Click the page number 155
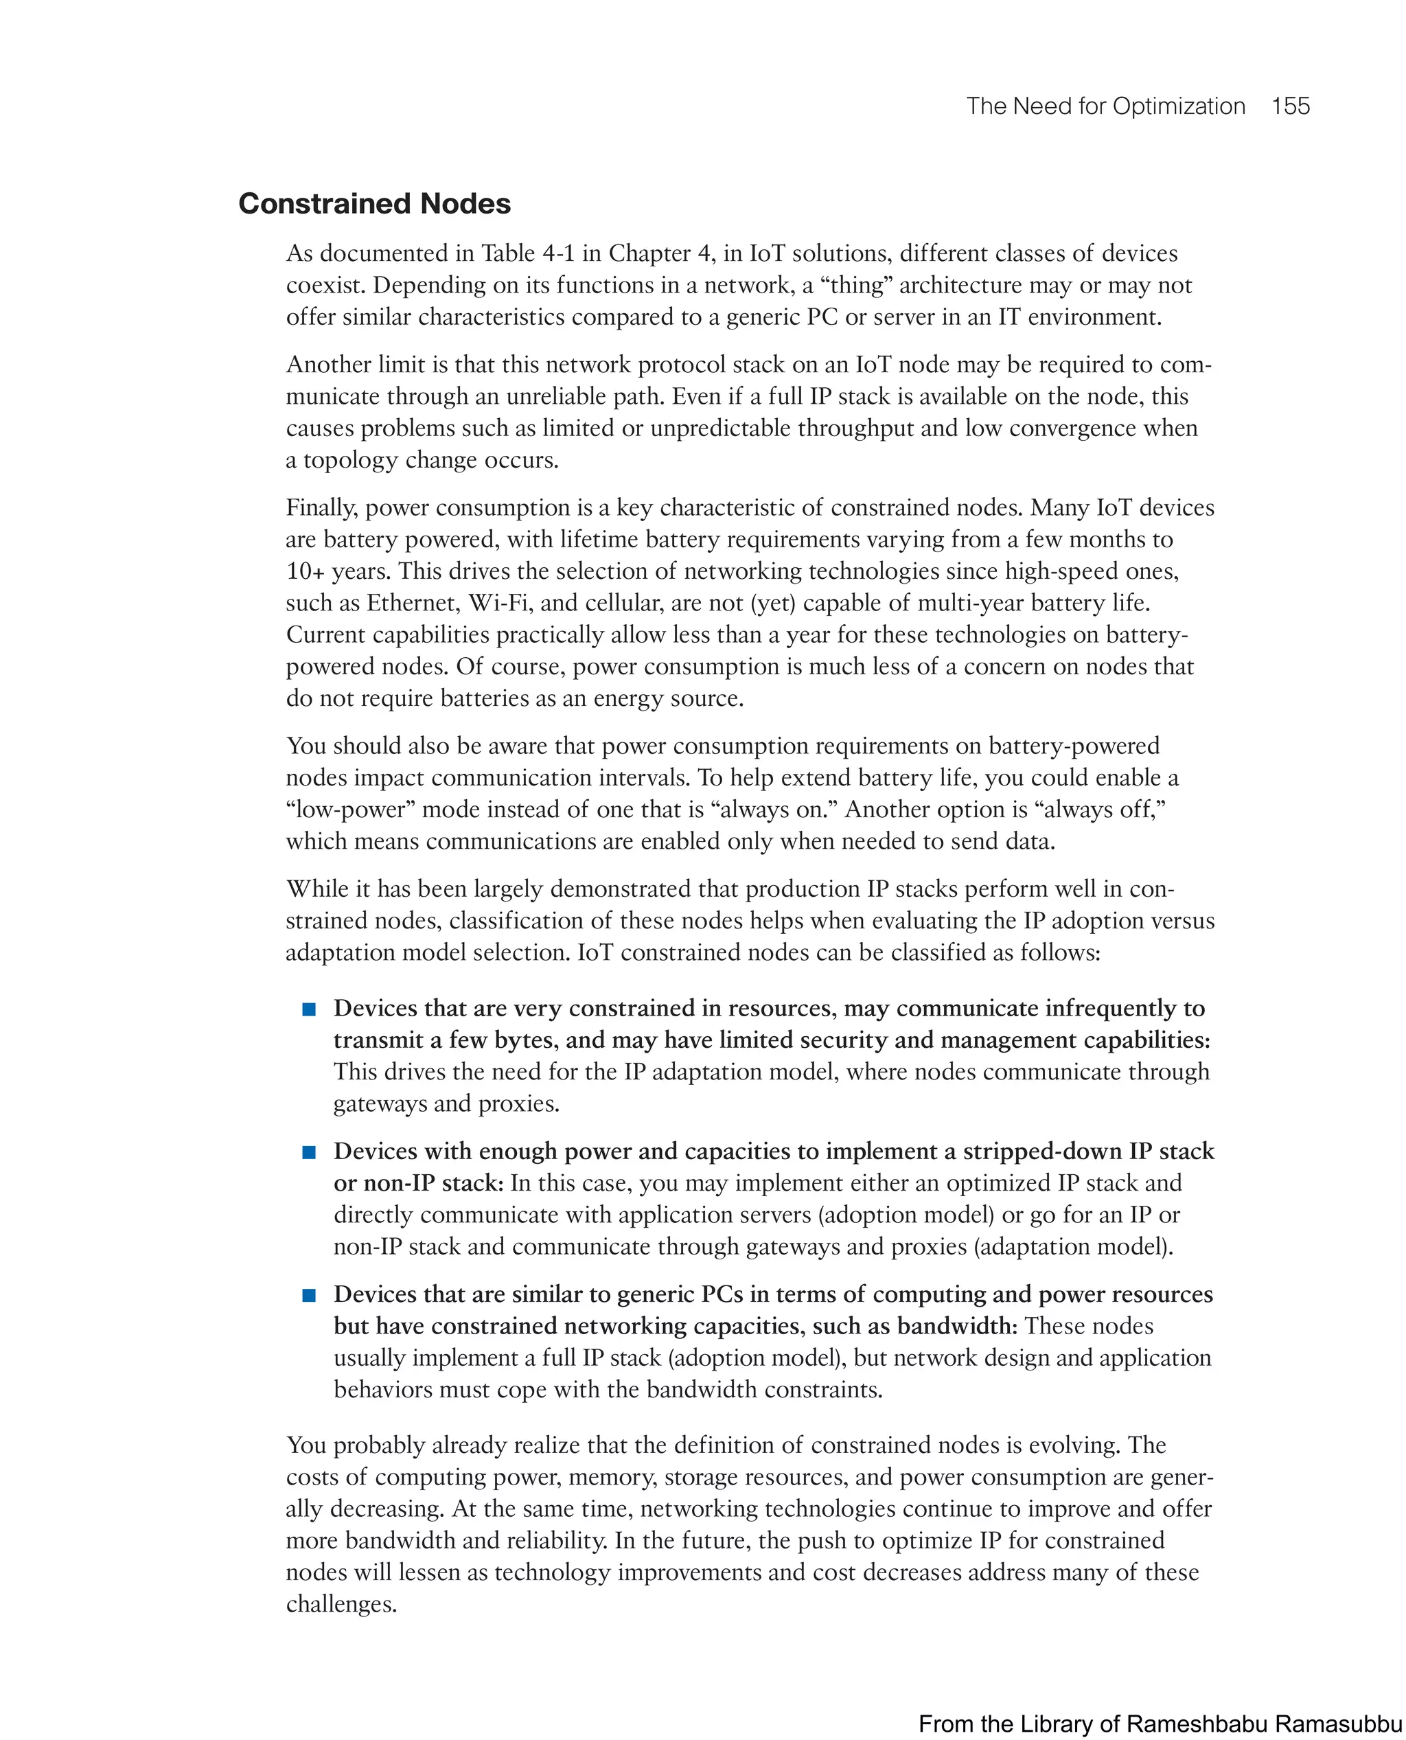point(1290,106)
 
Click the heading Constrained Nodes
point(374,203)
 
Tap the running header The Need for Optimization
point(1105,106)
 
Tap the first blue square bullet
point(308,1009)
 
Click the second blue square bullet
point(308,1153)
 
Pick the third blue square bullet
point(308,1295)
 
